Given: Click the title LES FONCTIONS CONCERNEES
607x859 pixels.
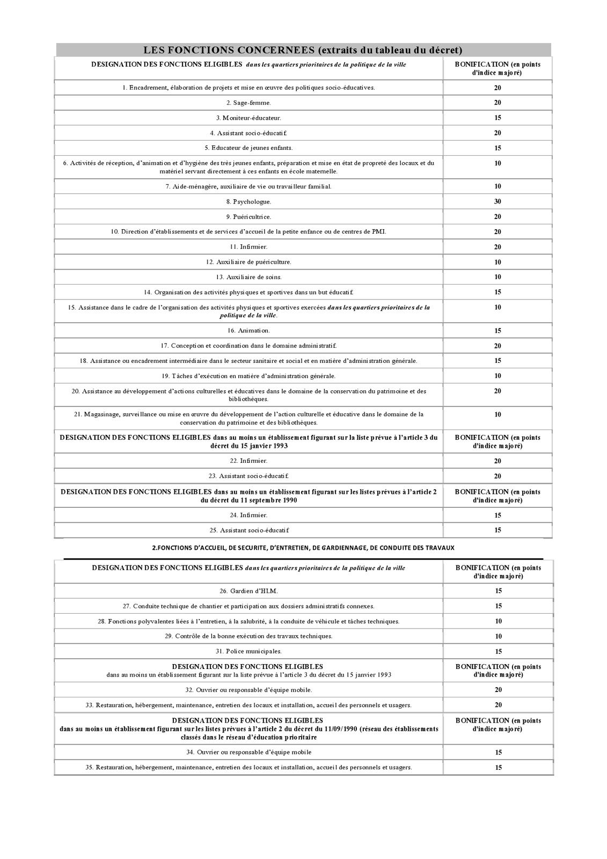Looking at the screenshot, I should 303,50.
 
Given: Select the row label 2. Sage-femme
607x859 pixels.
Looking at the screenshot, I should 248,103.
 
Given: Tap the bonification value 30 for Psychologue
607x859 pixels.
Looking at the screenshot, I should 498,201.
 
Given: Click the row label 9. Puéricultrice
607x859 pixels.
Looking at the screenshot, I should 248,217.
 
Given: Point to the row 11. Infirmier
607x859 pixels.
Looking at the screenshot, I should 248,247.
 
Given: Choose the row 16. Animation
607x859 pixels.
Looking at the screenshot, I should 248,331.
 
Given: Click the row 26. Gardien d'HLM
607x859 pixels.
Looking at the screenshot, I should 248,591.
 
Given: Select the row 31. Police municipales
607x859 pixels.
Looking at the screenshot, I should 248,652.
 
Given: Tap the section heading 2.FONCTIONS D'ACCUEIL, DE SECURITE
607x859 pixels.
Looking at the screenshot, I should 303,548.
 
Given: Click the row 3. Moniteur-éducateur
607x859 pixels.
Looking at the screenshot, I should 248,118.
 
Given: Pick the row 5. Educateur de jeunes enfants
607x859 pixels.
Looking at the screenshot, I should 248,148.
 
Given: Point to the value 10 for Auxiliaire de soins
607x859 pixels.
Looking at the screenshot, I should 498,277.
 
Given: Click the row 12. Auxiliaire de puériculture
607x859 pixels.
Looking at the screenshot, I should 248,262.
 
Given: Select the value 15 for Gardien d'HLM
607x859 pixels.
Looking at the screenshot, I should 498,591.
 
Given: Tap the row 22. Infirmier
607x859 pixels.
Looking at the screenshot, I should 248,461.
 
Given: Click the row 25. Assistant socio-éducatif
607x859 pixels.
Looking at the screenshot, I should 248,530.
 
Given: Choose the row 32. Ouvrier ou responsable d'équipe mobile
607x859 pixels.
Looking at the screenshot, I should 248,690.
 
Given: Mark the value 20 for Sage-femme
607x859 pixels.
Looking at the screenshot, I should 498,103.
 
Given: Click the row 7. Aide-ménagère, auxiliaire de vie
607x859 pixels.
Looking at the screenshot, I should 248,186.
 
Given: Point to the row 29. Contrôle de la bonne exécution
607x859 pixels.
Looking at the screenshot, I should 248,636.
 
